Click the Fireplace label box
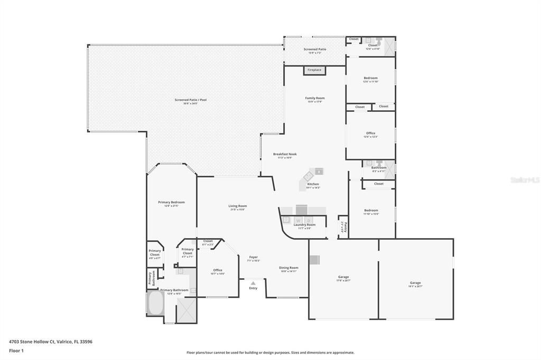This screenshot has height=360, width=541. tap(314, 70)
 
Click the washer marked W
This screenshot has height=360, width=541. tap(298, 220)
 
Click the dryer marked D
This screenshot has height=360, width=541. tap(309, 220)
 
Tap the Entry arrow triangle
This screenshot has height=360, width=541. tap(253, 283)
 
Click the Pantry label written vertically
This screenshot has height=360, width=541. tap(342, 227)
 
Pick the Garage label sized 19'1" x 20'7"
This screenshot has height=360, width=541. tap(415, 283)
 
